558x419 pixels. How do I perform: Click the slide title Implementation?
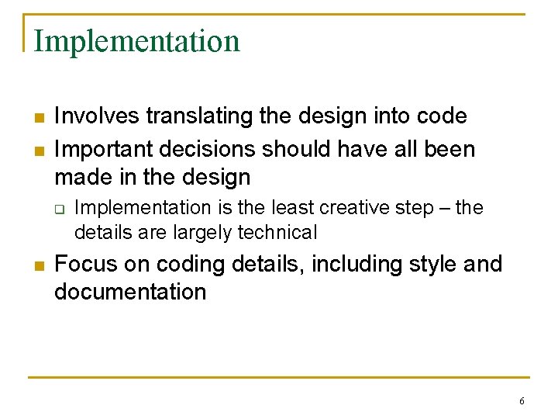pyautogui.click(x=137, y=41)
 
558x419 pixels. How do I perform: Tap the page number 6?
pyautogui.click(x=522, y=401)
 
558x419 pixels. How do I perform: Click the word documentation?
pyautogui.click(x=130, y=292)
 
